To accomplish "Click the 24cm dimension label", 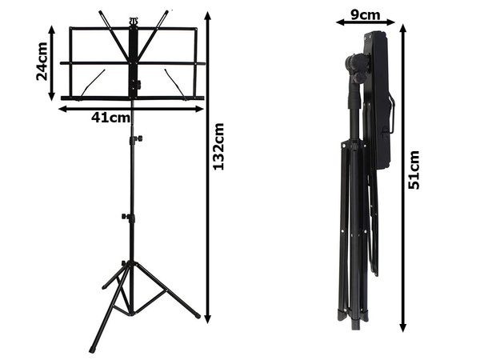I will click(42, 62).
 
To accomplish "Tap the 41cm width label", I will click(110, 118).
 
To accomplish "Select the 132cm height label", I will click(218, 146).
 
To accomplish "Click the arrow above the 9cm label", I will click(365, 23).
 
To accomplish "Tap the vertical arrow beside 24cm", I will click(52, 62).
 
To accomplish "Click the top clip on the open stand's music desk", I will click(134, 17).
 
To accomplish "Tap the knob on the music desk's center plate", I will click(137, 84).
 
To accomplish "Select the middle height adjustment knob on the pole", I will click(126, 216).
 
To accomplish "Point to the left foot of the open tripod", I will click(93, 349).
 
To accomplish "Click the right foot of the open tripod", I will click(196, 316).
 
